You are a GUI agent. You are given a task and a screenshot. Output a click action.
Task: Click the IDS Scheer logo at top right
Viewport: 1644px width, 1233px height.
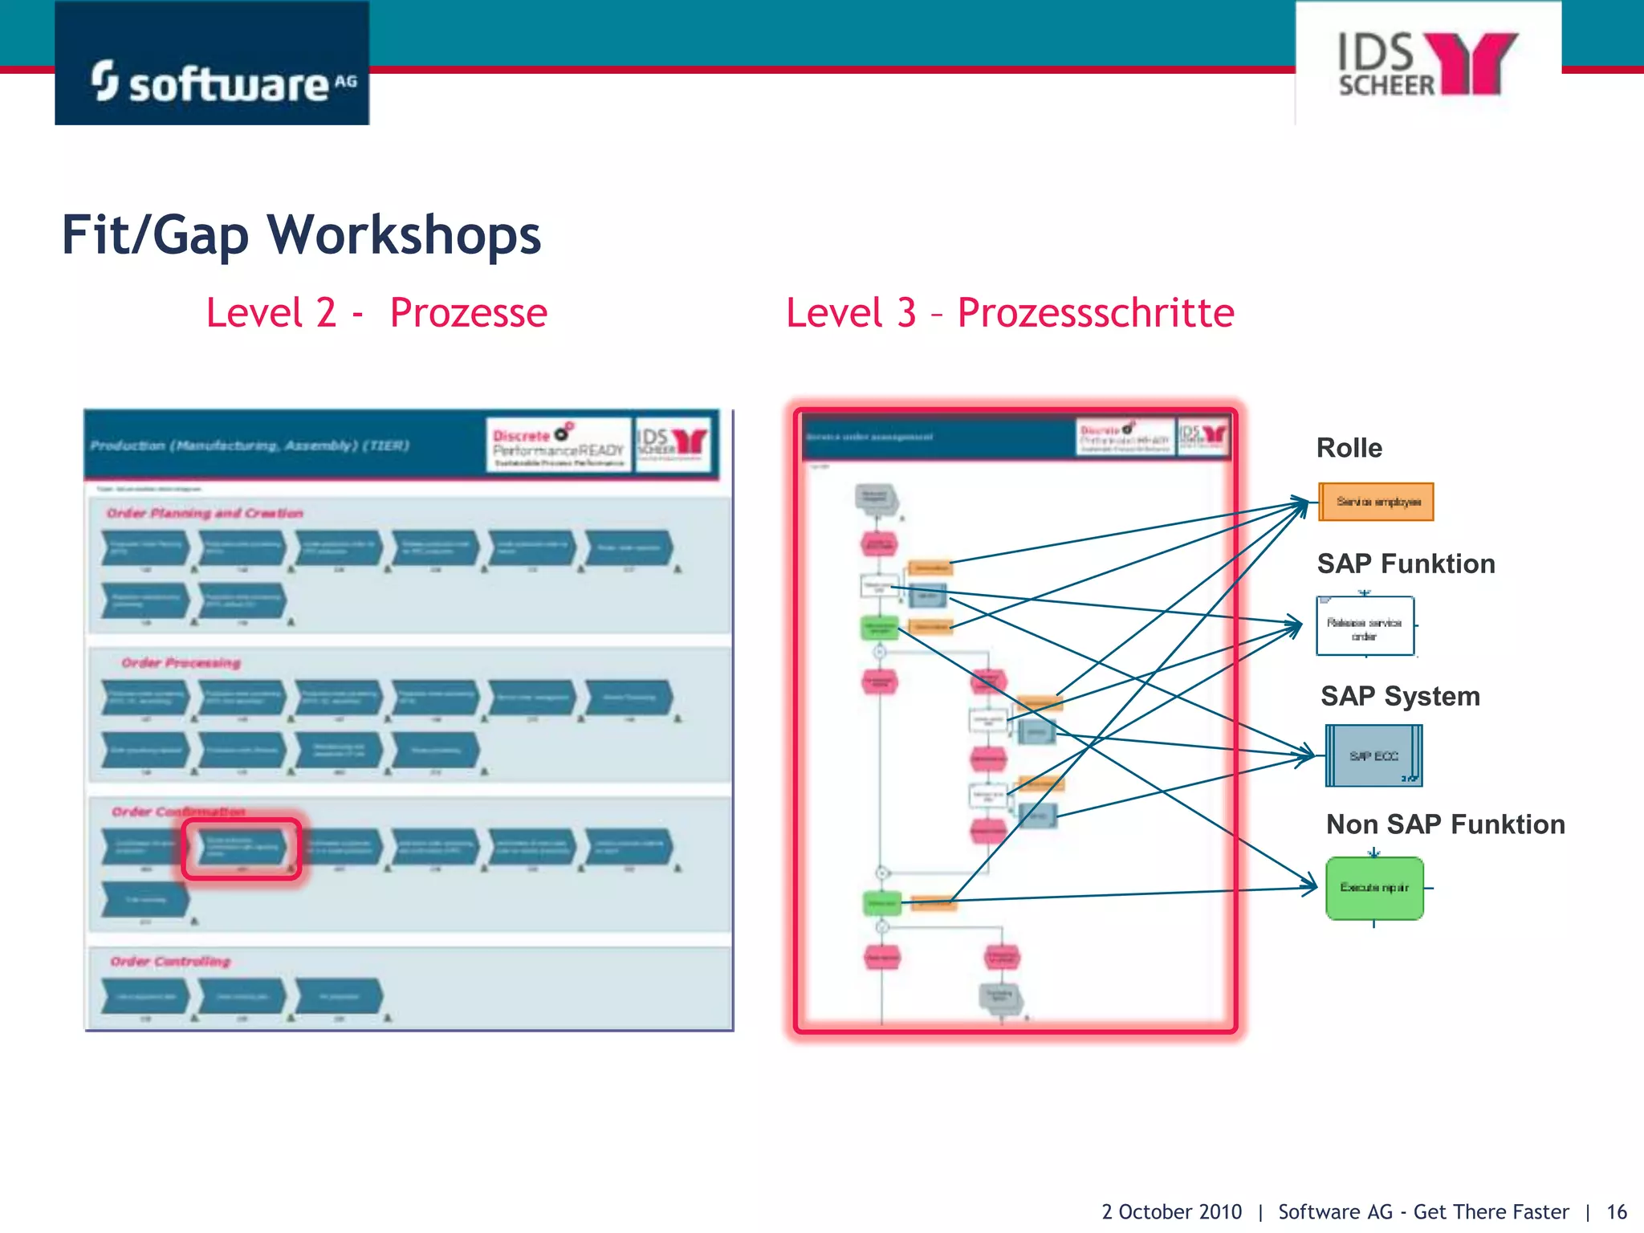(1428, 64)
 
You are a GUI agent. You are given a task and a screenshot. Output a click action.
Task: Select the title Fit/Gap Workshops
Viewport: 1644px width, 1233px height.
(301, 235)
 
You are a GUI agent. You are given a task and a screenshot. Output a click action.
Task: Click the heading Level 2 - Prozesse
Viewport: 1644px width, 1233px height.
(376, 313)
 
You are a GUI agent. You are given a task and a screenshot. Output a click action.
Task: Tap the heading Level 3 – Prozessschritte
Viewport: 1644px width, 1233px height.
(1009, 313)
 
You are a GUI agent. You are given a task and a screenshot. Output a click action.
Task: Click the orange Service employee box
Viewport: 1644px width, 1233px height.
(1376, 502)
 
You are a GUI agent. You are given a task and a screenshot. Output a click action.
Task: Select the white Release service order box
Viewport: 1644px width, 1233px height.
(1365, 627)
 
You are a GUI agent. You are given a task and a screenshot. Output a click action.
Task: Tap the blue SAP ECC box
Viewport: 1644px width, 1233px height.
(1373, 756)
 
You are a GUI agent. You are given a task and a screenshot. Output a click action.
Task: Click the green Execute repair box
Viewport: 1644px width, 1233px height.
(1374, 888)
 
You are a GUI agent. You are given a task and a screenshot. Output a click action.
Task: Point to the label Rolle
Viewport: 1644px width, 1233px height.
(1349, 448)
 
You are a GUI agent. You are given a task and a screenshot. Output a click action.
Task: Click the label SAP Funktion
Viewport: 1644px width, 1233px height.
(1406, 564)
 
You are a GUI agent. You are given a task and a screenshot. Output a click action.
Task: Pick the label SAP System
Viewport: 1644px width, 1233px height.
(1400, 696)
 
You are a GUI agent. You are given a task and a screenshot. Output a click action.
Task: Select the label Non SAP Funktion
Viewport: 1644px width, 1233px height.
(1445, 824)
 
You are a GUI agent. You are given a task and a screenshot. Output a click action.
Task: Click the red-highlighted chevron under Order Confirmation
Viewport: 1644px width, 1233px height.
(242, 848)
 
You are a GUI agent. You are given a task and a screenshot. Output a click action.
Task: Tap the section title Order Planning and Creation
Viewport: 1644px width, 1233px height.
(205, 513)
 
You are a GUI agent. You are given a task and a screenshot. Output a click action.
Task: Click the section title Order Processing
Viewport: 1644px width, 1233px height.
(181, 663)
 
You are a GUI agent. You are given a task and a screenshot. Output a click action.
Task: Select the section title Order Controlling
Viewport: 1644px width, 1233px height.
(170, 962)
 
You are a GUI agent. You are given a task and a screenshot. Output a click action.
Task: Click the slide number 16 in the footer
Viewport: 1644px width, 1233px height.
(1616, 1211)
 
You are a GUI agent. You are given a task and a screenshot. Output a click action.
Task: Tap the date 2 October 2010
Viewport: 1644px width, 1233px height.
(1170, 1211)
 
